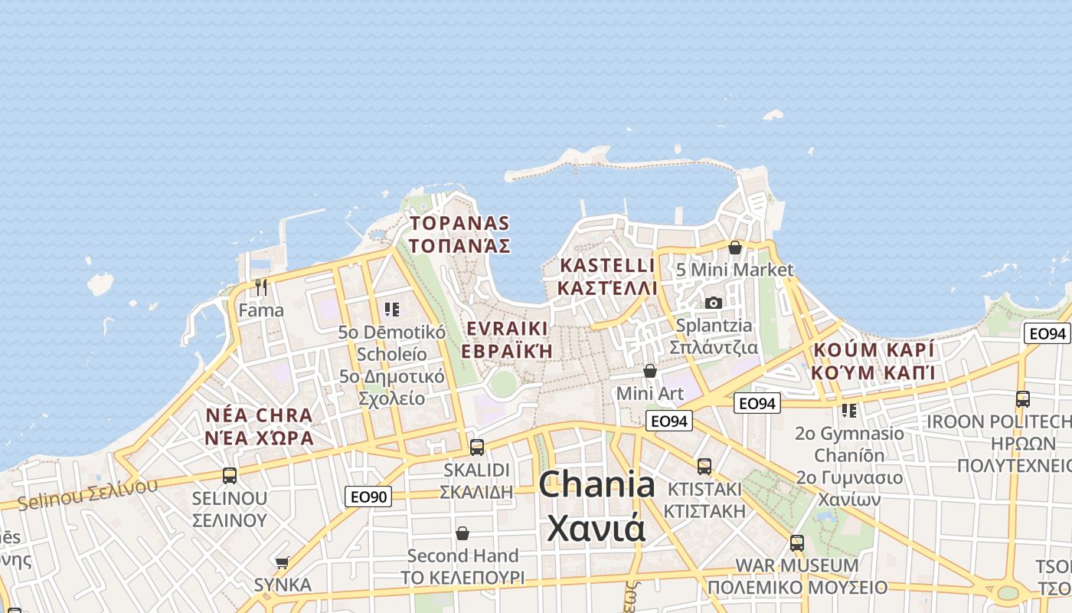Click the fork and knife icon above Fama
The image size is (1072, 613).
tap(261, 287)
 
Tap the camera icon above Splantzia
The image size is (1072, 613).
tap(714, 303)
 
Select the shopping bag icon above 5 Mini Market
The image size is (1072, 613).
tap(735, 247)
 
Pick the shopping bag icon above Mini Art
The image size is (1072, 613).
tap(650, 371)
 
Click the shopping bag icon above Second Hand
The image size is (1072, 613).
tap(462, 533)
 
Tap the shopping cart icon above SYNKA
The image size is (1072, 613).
tap(283, 562)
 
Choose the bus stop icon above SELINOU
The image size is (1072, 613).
tap(230, 475)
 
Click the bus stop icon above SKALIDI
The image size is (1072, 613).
tap(476, 447)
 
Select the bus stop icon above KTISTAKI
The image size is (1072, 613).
tap(704, 466)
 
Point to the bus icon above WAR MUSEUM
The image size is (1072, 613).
tap(797, 543)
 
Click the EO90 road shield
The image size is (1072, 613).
tap(368, 497)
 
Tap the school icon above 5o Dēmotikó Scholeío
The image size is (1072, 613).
tap(392, 310)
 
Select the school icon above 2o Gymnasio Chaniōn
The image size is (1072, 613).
tap(849, 411)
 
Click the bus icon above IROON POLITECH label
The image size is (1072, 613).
tap(1023, 398)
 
